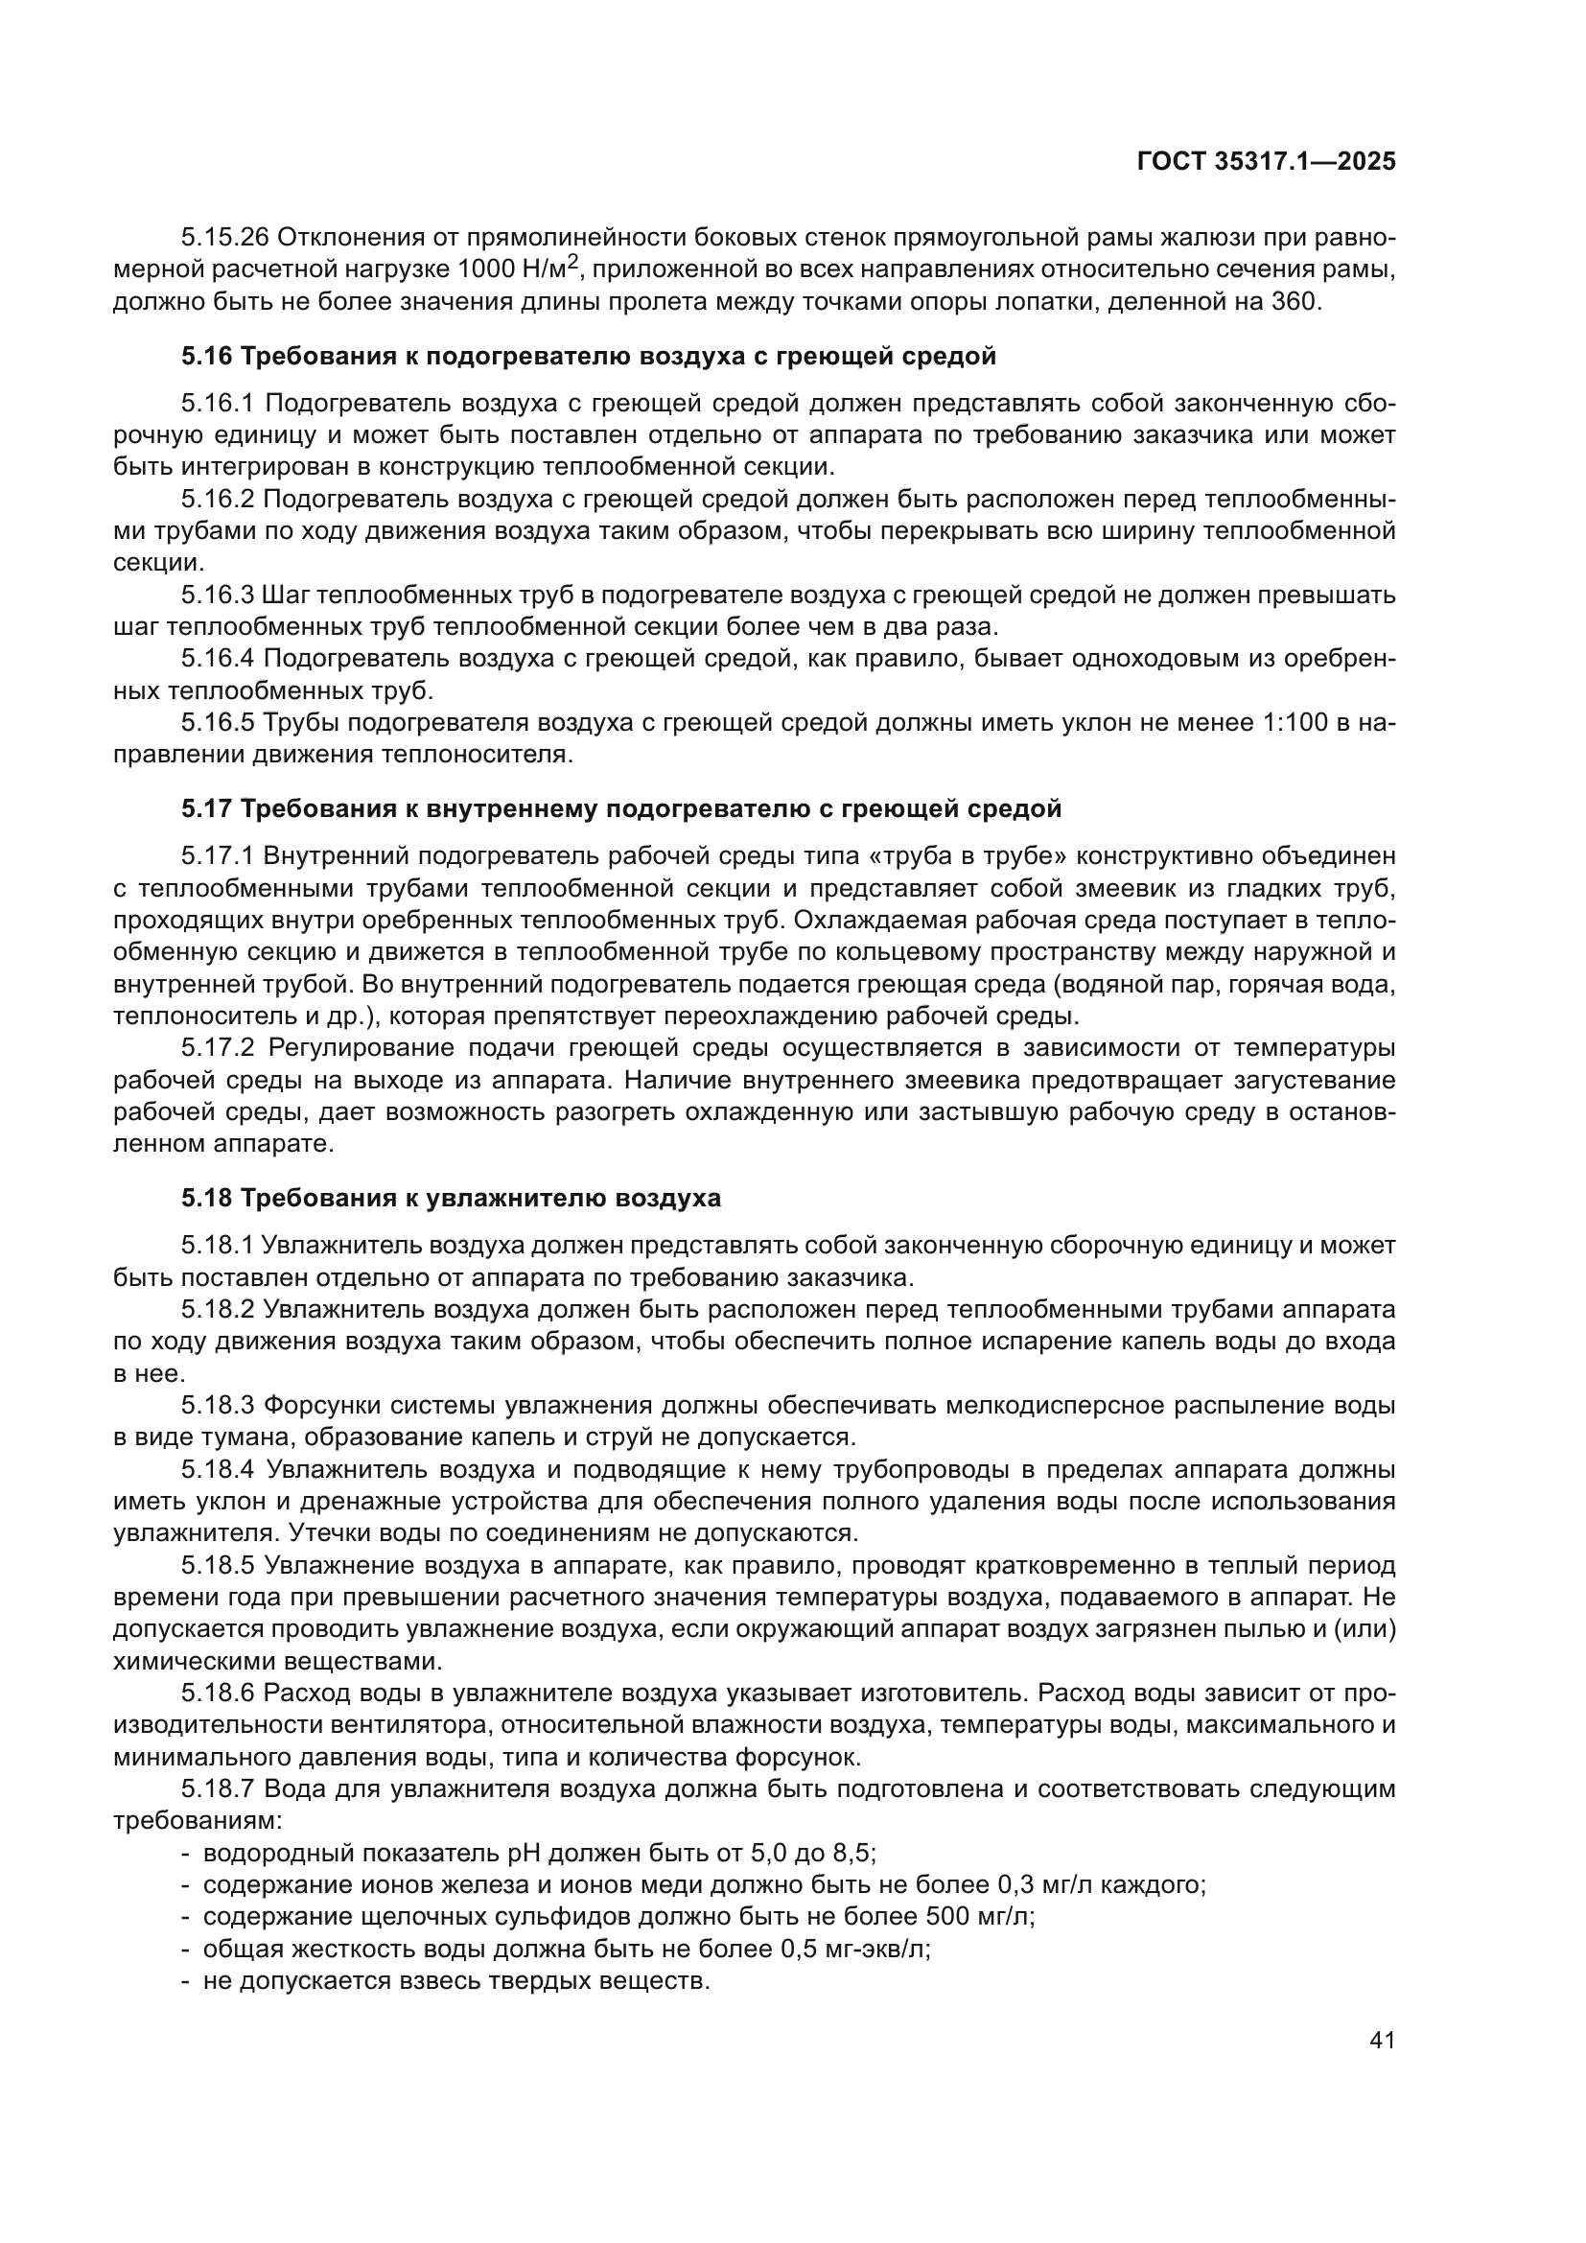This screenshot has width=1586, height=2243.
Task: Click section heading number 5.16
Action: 207,357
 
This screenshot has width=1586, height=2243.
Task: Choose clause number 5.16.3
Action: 218,595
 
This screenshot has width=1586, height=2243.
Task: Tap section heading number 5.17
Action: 207,809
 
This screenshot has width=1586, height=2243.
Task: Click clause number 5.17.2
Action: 218,1048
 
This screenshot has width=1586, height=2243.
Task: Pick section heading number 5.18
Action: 207,1198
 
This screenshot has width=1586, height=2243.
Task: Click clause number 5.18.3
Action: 218,1406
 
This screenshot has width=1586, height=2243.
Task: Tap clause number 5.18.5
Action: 218,1566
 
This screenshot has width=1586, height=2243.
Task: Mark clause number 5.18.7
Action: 218,1788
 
